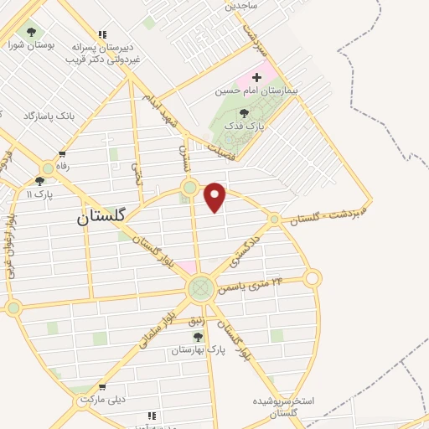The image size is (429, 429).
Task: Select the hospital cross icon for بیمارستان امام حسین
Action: (256, 77)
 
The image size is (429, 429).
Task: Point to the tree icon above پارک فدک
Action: (244, 113)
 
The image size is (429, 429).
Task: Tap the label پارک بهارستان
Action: (198, 348)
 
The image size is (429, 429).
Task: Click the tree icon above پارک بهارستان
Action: (199, 336)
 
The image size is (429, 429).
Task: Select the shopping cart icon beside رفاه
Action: (62, 154)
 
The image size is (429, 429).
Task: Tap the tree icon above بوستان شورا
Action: (31, 34)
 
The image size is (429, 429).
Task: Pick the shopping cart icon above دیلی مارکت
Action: (101, 388)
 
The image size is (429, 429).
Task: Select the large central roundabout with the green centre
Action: (199, 289)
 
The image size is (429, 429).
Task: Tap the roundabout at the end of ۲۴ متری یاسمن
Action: (313, 277)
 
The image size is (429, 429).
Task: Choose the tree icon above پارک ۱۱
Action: (39, 181)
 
